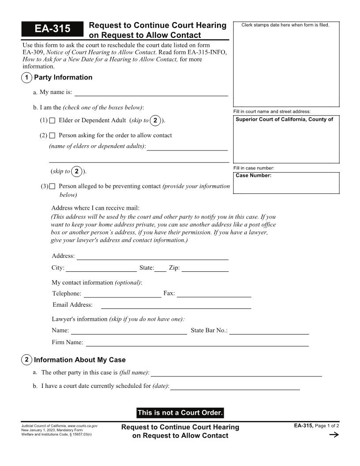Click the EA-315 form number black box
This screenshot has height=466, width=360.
52,29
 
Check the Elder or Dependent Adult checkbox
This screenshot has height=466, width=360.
52,120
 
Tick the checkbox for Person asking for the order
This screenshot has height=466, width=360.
52,135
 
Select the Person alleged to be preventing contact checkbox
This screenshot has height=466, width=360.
52,186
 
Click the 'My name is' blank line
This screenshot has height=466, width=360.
151,93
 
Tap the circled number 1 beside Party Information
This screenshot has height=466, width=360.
26,78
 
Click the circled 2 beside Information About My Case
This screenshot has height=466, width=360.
26,360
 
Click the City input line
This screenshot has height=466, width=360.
101,268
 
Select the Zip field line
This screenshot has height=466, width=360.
205,268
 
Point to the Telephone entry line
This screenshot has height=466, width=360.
122,294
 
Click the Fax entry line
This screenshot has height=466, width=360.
214,294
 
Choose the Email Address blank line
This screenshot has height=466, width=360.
176,305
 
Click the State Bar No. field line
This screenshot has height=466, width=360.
269,331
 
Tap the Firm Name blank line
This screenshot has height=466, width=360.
197,343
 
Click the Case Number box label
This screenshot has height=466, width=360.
254,176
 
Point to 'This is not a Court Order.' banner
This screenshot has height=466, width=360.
180,413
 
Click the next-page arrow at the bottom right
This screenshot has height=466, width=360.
334,435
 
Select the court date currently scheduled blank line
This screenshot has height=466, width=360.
235,387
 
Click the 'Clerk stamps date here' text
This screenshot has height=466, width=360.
285,25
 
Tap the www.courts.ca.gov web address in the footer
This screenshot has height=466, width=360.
82,426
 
